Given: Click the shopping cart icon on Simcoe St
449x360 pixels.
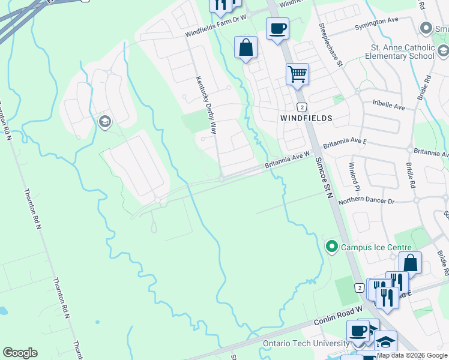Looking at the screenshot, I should tap(297, 74).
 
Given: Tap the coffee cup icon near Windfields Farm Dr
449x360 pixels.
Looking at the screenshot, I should tap(277, 28).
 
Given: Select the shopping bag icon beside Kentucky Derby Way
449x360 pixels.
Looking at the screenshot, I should tap(246, 47).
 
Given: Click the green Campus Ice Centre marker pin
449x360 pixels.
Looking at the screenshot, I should tap(331, 247).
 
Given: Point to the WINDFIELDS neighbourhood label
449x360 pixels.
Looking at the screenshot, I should tap(306, 119).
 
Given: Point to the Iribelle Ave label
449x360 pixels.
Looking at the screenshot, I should tap(388, 105).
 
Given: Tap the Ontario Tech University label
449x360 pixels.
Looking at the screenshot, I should tap(306, 344).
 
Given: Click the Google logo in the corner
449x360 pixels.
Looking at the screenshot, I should tap(20, 353).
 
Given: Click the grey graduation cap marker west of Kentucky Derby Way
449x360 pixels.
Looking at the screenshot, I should tap(104, 122).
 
